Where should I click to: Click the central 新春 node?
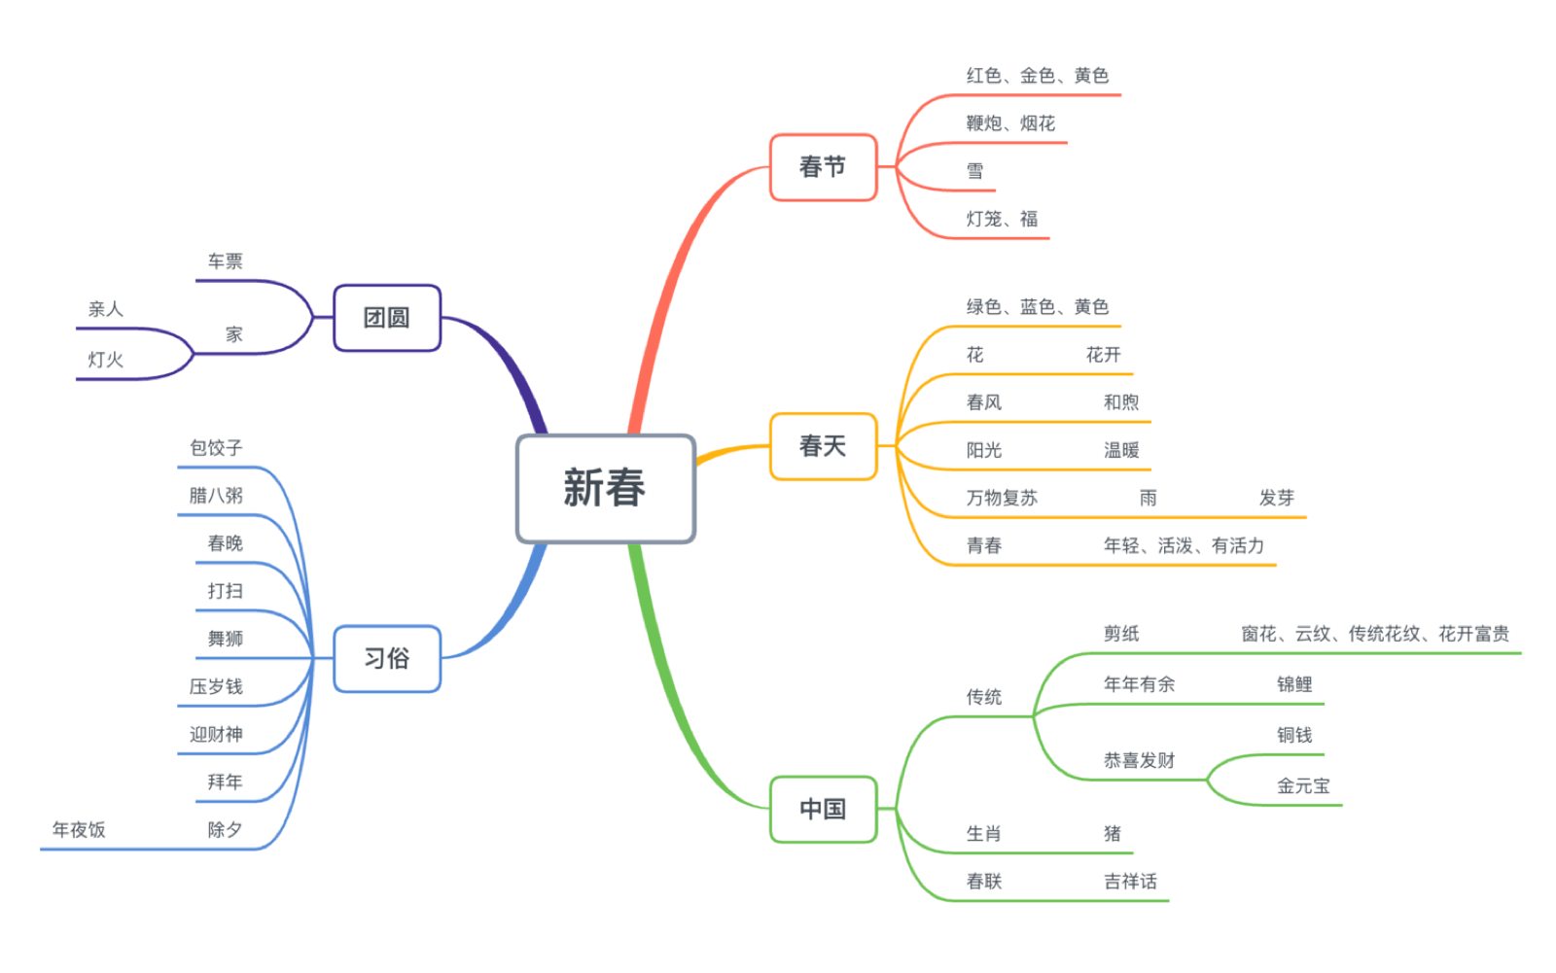[605, 488]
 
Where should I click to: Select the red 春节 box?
[823, 167]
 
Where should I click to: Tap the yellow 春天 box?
[823, 446]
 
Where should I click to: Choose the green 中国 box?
[823, 809]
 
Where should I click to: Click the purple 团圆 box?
[386, 318]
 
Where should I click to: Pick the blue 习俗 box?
[386, 659]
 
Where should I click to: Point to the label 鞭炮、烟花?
[1010, 123]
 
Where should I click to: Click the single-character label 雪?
[974, 171]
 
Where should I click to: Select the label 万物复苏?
[1002, 498]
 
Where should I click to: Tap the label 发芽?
[1276, 498]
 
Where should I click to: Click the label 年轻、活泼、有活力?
[1184, 545]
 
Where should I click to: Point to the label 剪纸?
[1120, 634]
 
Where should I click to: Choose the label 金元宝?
[1302, 785]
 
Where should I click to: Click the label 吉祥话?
[1130, 882]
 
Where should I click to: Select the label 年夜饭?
[79, 829]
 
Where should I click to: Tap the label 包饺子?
[216, 448]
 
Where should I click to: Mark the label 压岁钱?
[216, 686]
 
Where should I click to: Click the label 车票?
[225, 261]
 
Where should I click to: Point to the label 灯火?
[105, 360]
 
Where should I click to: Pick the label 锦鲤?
[1293, 684]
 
